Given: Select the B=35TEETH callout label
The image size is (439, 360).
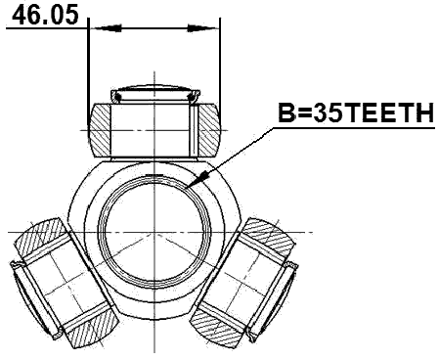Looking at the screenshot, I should (x=354, y=114).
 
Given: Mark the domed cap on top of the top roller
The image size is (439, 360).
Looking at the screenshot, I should (x=155, y=91).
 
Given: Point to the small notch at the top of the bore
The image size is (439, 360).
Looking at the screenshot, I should (x=155, y=176).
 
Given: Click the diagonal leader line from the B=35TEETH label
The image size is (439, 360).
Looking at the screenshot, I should (x=240, y=152).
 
